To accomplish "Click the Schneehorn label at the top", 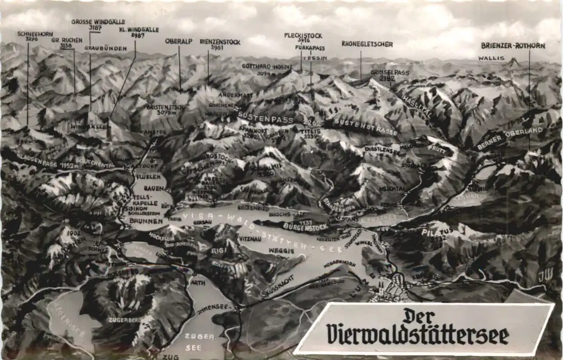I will (x=35, y=34).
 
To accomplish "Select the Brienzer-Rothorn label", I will (x=513, y=46).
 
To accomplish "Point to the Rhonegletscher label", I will (x=367, y=44).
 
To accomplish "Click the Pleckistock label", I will (x=303, y=35).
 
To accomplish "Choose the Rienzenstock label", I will (x=220, y=42).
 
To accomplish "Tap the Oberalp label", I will (x=179, y=41).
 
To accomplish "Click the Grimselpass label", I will (x=390, y=73).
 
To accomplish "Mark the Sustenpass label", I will (x=266, y=119).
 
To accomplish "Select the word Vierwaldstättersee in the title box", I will (x=418, y=335).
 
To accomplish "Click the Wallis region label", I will (x=491, y=58).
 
